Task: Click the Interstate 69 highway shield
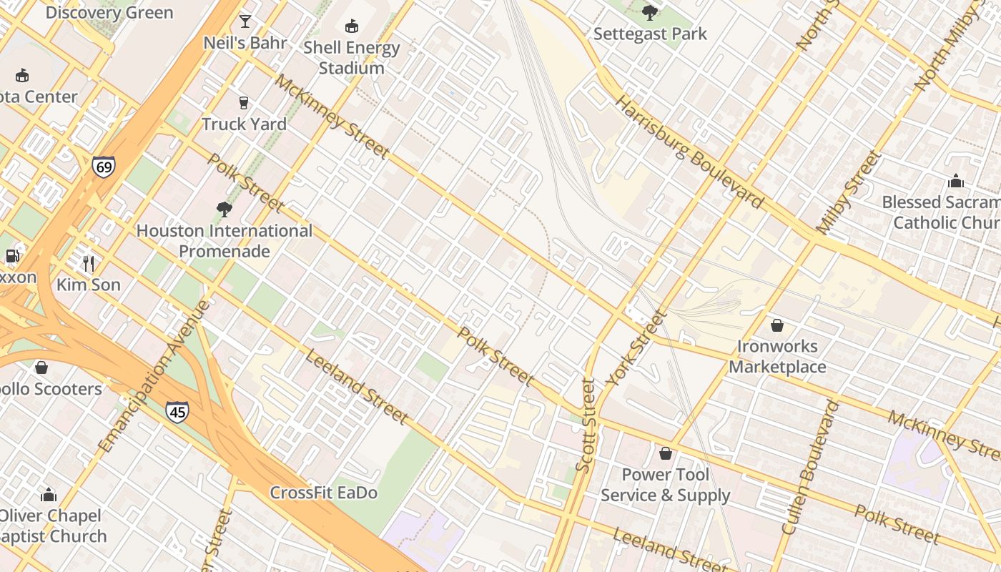coord(103,167)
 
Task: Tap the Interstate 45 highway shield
coord(177,411)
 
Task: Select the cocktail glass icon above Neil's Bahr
coord(245,21)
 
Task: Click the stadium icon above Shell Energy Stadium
coord(351,26)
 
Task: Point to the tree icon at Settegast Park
coord(649,12)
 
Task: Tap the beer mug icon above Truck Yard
coord(244,102)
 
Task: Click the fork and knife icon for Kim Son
coord(89,263)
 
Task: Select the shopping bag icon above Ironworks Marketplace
coord(777,325)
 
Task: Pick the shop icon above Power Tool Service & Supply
coord(665,453)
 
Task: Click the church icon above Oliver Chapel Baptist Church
coord(49,494)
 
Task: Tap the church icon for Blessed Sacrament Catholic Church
coord(955,181)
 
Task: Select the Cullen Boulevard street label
coord(809,468)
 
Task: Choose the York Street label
coord(636,348)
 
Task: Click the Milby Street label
coord(848,192)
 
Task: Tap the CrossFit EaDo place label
coord(323,493)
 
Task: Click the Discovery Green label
coord(109,13)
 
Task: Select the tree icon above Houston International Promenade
coord(225,209)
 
